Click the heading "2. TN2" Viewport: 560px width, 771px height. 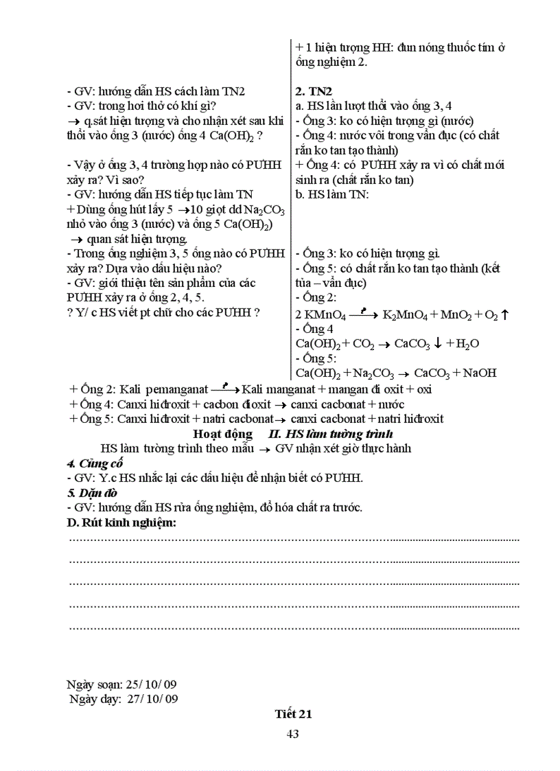click(314, 91)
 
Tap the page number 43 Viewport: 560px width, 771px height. click(292, 734)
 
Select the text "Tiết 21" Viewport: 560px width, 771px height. click(293, 714)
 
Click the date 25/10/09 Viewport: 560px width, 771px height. click(150, 684)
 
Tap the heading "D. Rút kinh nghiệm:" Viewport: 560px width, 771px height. click(121, 523)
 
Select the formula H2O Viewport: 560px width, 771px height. click(465, 344)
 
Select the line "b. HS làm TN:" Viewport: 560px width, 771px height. click(332, 194)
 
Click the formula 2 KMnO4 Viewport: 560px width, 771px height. click(320, 314)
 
